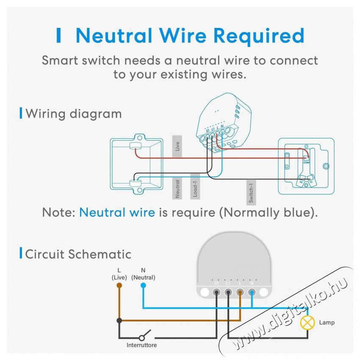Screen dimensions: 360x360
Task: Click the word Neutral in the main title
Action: pyautogui.click(x=114, y=36)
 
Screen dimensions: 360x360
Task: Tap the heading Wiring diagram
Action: pyautogui.click(x=74, y=114)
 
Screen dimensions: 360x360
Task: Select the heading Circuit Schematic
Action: pyautogui.click(x=78, y=254)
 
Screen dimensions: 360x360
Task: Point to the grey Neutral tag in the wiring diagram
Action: pyautogui.click(x=177, y=189)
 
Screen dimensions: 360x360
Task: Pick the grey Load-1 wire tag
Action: pyautogui.click(x=195, y=186)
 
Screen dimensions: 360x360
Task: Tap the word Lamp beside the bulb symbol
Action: pyautogui.click(x=327, y=323)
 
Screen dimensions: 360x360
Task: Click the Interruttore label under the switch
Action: pyautogui.click(x=141, y=345)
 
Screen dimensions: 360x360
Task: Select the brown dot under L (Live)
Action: pyautogui.click(x=119, y=285)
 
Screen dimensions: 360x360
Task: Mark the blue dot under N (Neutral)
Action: pyautogui.click(x=143, y=285)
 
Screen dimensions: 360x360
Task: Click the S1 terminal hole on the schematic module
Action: pyautogui.click(x=216, y=291)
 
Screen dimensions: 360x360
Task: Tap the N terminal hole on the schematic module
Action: pyautogui.click(x=252, y=291)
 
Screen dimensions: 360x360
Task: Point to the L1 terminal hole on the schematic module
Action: pyautogui.click(x=228, y=291)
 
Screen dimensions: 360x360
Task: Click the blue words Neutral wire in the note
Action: pyautogui.click(x=117, y=212)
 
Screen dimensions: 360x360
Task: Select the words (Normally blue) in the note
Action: pyautogui.click(x=268, y=212)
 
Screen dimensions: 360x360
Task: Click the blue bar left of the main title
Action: pyautogui.click(x=59, y=36)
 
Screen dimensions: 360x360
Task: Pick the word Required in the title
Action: pyautogui.click(x=260, y=36)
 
